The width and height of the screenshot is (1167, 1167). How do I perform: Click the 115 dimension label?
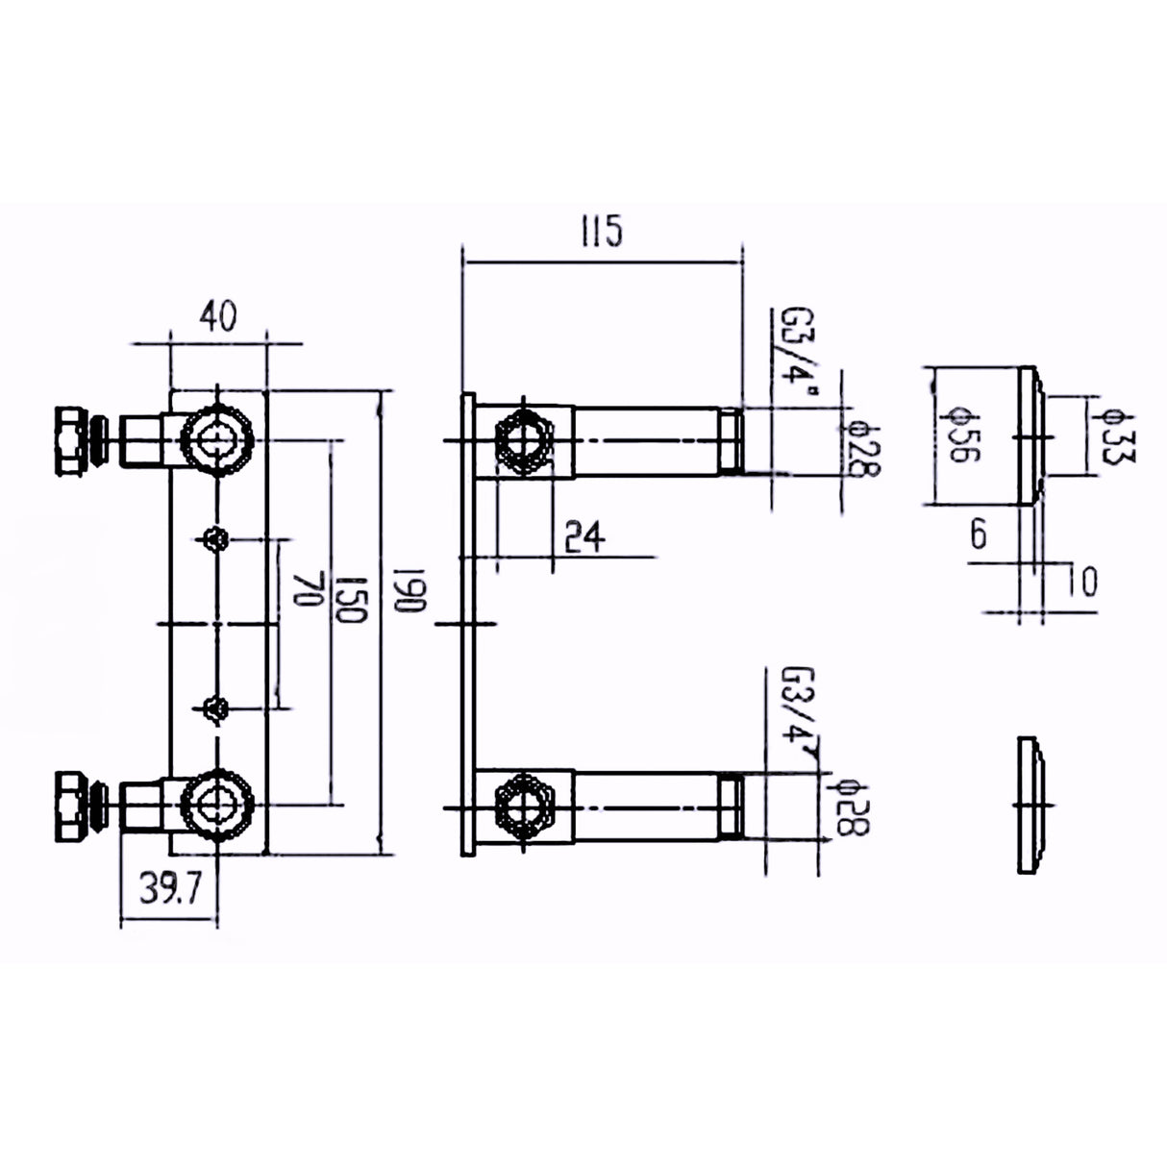pos(603,232)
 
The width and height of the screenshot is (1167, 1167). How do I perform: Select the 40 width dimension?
pos(217,317)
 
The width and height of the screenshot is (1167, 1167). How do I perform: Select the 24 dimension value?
pos(584,536)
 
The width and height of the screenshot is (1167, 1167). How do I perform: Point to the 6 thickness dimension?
pos(978,534)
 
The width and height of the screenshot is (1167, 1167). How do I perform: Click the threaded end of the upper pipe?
pos(732,440)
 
